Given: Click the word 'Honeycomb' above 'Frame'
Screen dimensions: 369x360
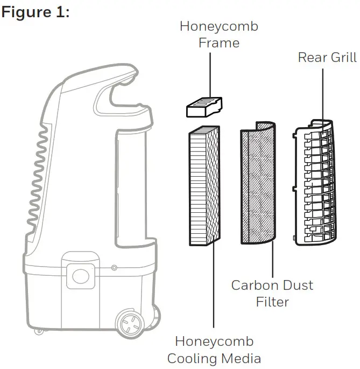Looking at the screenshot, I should pyautogui.click(x=218, y=26).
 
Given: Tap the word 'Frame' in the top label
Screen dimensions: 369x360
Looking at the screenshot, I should pyautogui.click(x=218, y=43).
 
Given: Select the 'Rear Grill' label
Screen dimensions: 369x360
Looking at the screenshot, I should pyautogui.click(x=327, y=57).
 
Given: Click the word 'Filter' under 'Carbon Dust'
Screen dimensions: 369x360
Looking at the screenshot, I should pyautogui.click(x=272, y=302).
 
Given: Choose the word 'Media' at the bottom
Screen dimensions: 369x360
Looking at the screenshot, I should pyautogui.click(x=242, y=358).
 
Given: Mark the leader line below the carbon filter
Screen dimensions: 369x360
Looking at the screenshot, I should pyautogui.click(x=273, y=259).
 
